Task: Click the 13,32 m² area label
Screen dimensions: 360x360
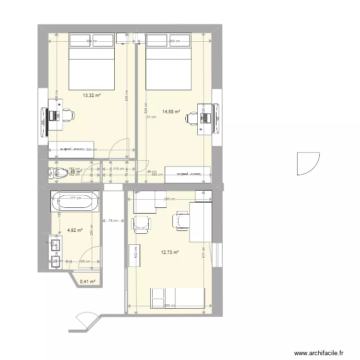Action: [x=92, y=96]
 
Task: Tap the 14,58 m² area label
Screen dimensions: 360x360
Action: [x=171, y=111]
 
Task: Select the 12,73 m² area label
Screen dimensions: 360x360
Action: [x=170, y=252]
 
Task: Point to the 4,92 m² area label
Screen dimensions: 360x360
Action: [x=74, y=230]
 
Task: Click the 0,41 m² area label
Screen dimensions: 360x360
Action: [x=88, y=282]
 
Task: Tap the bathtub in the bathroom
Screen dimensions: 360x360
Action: [x=75, y=202]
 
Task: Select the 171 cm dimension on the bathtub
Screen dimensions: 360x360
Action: [x=75, y=197]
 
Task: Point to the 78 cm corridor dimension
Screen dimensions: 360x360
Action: [x=113, y=220]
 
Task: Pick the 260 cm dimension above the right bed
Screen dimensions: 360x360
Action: [x=174, y=41]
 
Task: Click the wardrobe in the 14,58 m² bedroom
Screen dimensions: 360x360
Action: [x=187, y=174]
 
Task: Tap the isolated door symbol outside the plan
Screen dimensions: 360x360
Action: [x=307, y=163]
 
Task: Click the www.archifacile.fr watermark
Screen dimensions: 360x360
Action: [x=319, y=352]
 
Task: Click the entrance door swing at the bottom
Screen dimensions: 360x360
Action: [x=85, y=320]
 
